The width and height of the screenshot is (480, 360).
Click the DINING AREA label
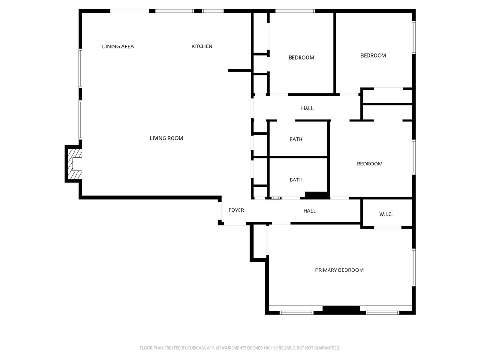pyautogui.click(x=118, y=46)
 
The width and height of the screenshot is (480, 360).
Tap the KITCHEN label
pyautogui.click(x=202, y=46)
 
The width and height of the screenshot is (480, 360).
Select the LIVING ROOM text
pyautogui.click(x=166, y=138)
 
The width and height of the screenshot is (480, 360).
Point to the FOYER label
pyautogui.click(x=236, y=210)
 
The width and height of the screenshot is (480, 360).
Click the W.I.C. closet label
pyautogui.click(x=386, y=214)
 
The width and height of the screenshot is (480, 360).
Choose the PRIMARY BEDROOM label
pyautogui.click(x=339, y=270)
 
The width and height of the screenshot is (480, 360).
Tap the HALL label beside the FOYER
pyautogui.click(x=309, y=211)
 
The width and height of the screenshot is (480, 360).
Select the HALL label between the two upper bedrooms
pyautogui.click(x=307, y=108)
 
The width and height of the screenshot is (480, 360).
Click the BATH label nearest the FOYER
pyautogui.click(x=296, y=180)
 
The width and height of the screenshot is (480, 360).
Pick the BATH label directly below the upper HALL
pyautogui.click(x=296, y=139)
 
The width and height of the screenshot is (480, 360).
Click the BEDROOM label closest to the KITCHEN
pyautogui.click(x=301, y=58)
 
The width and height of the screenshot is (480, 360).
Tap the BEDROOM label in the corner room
pyautogui.click(x=373, y=56)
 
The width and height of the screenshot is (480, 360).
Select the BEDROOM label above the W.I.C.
pyautogui.click(x=369, y=164)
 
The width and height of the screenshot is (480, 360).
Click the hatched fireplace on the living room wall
pyautogui.click(x=74, y=164)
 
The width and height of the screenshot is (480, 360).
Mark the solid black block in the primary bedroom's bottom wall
pyautogui.click(x=341, y=309)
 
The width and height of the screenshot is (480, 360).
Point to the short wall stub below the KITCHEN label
pyautogui.click(x=240, y=70)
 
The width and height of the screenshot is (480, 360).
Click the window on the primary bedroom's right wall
pyautogui.click(x=414, y=267)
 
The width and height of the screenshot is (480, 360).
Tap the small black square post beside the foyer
pyautogui.click(x=220, y=223)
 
